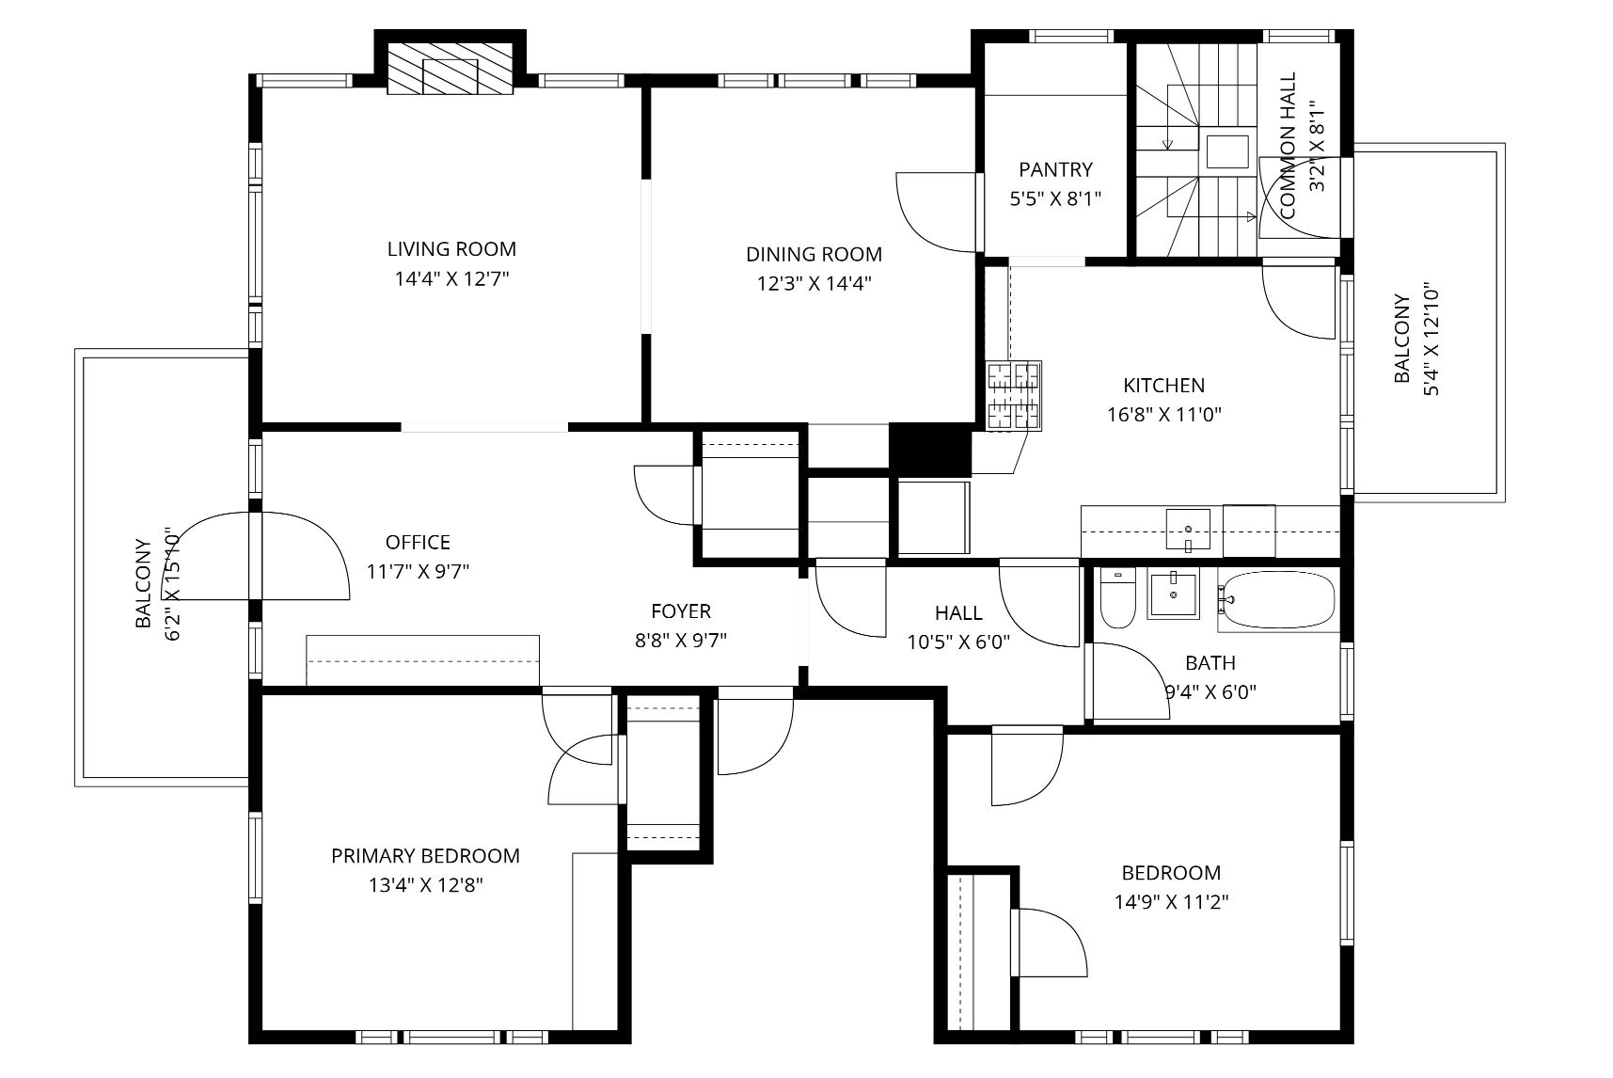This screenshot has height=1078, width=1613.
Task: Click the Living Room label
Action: (x=451, y=249)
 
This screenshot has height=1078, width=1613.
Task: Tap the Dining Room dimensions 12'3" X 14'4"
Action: (x=814, y=283)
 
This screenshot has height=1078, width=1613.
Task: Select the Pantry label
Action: (x=1055, y=170)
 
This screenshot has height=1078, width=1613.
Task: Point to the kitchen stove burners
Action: (x=1014, y=396)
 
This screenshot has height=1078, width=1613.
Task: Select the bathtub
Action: (x=1277, y=600)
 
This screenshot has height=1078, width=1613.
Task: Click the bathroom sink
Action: (x=1174, y=594)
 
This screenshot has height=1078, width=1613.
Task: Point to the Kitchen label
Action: (x=1163, y=386)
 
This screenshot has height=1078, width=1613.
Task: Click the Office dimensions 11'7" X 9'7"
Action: (x=418, y=571)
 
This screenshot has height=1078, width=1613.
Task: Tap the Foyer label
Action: (x=681, y=611)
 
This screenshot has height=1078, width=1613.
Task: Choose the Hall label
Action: (x=958, y=613)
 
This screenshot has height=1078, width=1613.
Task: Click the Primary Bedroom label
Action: (x=425, y=856)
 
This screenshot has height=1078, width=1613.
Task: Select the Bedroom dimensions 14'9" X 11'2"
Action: (x=1172, y=902)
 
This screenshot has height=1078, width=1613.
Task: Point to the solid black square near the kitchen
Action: (x=929, y=450)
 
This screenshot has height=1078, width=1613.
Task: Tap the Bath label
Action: (x=1210, y=663)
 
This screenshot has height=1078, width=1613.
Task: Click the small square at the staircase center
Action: (x=1228, y=151)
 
